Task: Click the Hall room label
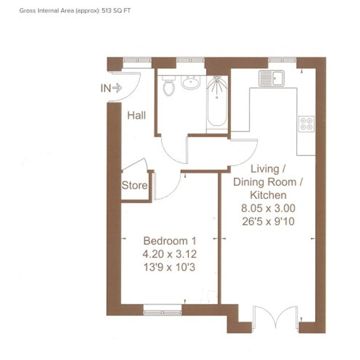pos(136,115)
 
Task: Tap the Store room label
pos(134,185)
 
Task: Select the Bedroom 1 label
pos(170,241)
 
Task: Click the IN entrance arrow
pos(117,88)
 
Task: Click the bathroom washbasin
pos(190,82)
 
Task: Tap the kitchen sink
pos(272,78)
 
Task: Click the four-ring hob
pos(307,124)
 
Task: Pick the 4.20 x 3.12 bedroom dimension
pos(170,254)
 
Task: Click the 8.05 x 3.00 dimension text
pos(268,208)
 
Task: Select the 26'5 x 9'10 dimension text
pos(268,222)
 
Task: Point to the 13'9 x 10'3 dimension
pos(170,267)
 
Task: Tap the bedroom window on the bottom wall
pos(163,310)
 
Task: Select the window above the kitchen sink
pos(282,60)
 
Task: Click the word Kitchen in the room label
pos(268,195)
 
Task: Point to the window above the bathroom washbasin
pos(190,61)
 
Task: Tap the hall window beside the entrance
pos(137,61)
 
